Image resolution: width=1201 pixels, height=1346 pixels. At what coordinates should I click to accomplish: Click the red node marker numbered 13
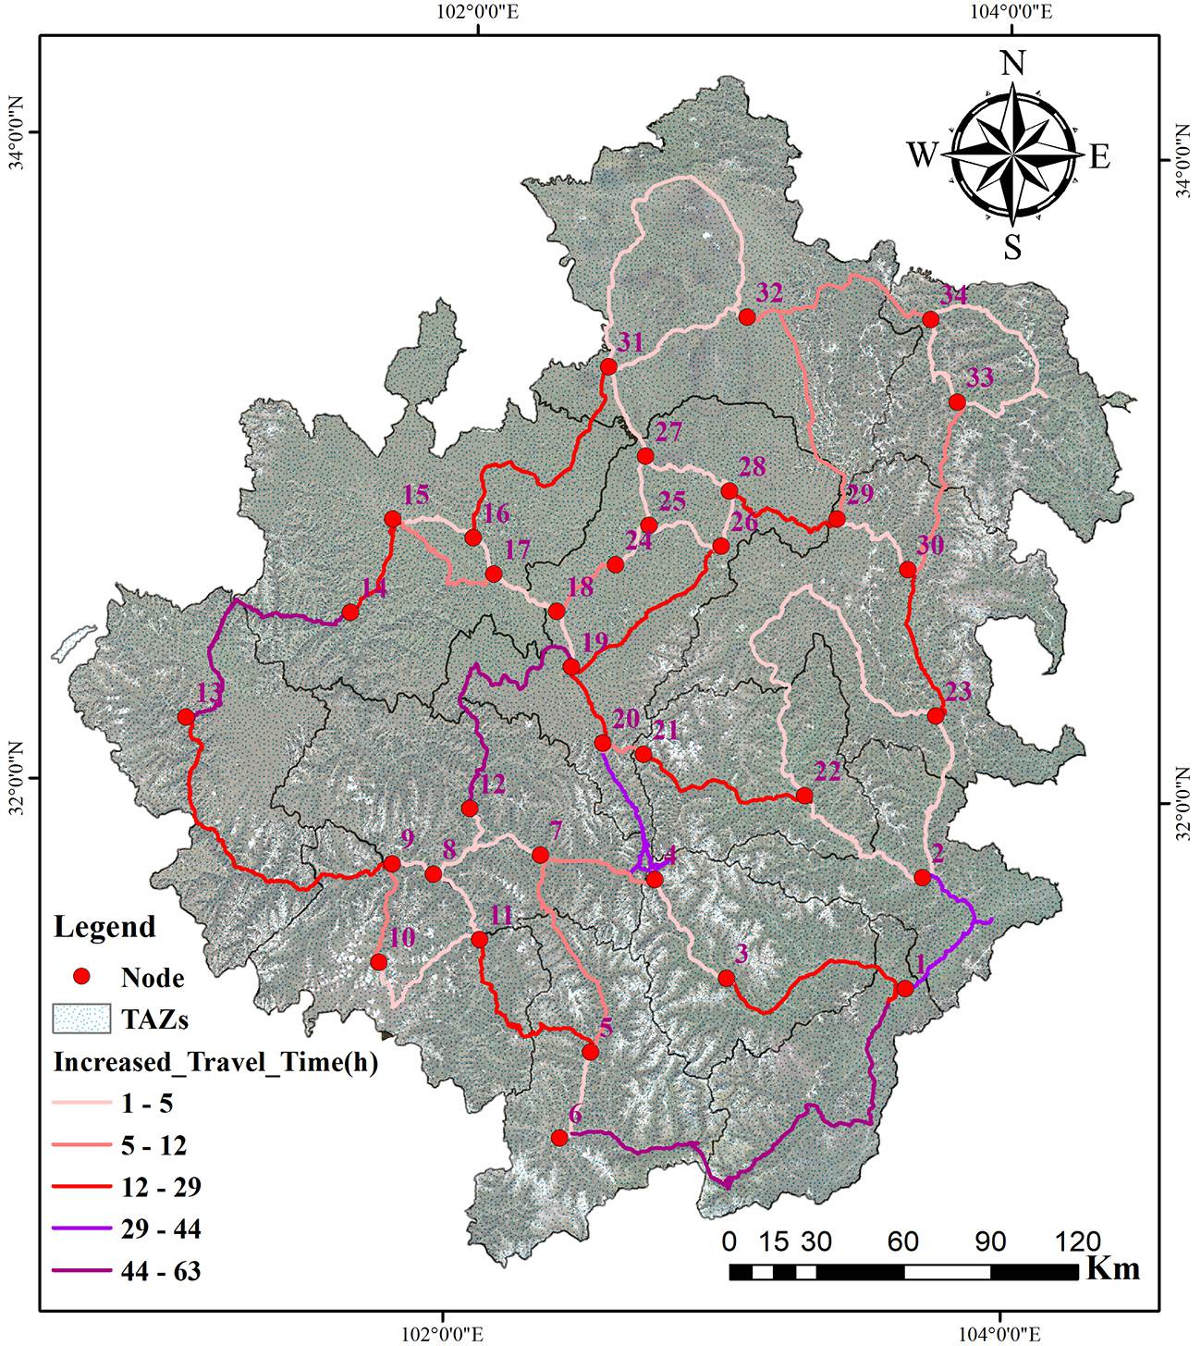coord(187,717)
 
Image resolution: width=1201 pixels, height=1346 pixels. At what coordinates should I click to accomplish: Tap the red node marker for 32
coord(747,317)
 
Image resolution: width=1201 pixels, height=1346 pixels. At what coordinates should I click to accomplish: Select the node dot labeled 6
coord(558,1138)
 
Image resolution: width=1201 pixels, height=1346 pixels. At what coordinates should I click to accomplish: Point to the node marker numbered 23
coord(936,715)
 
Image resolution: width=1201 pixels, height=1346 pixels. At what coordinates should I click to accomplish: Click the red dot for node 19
coord(571,667)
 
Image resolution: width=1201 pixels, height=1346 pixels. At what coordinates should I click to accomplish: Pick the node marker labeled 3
coord(727,978)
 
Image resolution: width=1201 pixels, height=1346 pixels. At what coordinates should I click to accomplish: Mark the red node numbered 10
coord(378,962)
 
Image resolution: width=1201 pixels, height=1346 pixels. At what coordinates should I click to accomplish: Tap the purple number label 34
coord(953,297)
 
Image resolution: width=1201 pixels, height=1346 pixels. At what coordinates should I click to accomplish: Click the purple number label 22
coord(827,772)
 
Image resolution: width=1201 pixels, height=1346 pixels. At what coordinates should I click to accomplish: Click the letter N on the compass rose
coord(1013,64)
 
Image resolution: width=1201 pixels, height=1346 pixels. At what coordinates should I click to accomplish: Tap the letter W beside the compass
coord(922,155)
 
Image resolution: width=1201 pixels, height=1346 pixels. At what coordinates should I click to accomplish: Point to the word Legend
coord(104,927)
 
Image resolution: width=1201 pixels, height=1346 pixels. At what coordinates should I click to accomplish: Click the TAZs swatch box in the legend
coord(81,1019)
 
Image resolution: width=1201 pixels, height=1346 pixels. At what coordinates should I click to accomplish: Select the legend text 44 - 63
coord(160,1271)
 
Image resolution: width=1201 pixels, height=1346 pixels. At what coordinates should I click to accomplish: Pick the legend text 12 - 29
coord(160,1187)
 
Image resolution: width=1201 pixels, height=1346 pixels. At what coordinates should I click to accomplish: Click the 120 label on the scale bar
coord(1077,1241)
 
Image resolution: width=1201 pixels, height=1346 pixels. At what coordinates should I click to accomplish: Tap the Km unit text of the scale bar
coord(1112,1267)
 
